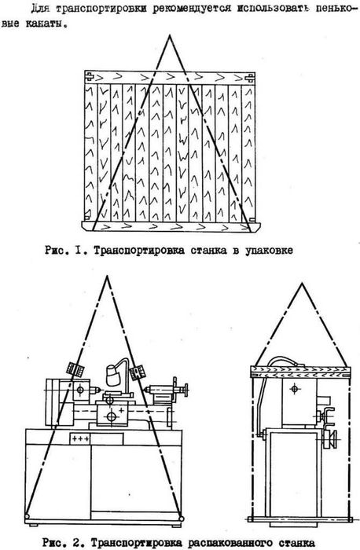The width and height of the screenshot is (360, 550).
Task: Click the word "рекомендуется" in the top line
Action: pos(192,9)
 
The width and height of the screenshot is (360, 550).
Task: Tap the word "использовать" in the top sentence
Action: pos(274,8)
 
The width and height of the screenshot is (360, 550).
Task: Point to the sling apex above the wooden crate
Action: pos(171,35)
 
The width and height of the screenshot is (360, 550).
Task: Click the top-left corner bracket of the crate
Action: pos(89,76)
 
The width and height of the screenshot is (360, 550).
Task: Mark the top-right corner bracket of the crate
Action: pos(250,77)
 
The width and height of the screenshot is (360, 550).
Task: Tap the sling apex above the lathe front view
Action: pos(107,277)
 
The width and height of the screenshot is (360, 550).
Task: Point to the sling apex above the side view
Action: pos(301,284)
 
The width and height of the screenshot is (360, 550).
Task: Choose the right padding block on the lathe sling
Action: pos(138,372)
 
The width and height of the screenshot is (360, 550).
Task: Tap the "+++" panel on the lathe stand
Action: pos(80,438)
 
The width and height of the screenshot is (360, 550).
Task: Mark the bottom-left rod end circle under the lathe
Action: pos(27,516)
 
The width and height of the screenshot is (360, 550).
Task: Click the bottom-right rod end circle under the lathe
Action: pos(181,519)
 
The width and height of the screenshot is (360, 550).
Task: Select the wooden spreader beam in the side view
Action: pos(301,372)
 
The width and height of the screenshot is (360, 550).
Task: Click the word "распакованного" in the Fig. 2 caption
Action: pos(229,543)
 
